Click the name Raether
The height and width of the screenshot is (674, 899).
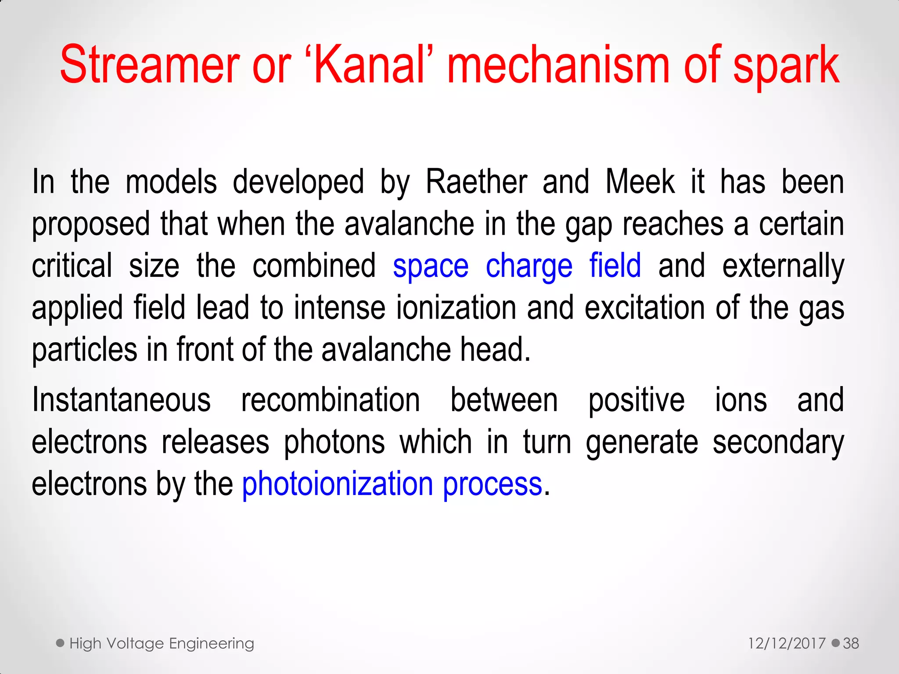coord(476,182)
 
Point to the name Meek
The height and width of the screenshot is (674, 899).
coord(640,182)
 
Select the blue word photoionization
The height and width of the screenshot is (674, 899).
coord(338,484)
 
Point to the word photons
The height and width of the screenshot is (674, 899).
coord(334,442)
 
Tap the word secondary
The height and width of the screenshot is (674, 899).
coord(778,443)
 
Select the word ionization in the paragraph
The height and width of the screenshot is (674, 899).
coord(456,308)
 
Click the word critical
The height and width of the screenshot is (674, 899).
coord(72,266)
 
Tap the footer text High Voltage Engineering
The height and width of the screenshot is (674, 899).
coord(162,643)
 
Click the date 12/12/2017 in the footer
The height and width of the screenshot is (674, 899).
coord(787,643)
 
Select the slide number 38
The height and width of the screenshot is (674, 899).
coord(851,643)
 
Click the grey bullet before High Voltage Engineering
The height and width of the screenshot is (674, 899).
coord(61,643)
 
